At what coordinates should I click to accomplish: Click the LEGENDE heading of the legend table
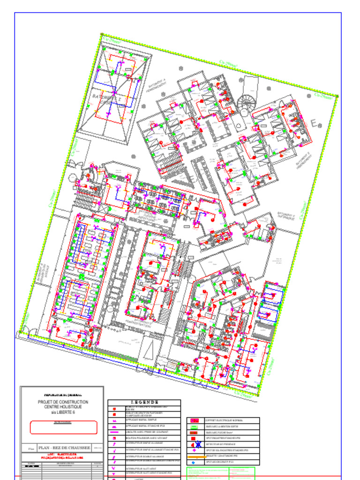pyautogui.click(x=144, y=402)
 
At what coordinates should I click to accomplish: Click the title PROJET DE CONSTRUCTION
pyautogui.click(x=63, y=402)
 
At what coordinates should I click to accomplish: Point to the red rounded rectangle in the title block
pyautogui.click(x=63, y=427)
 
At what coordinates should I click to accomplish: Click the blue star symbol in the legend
pyautogui.click(x=198, y=444)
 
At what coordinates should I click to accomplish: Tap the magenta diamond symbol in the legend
pyautogui.click(x=195, y=450)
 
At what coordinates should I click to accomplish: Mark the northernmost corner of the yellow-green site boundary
pyautogui.click(x=102, y=34)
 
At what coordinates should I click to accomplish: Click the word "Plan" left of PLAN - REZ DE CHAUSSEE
pyautogui.click(x=31, y=449)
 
